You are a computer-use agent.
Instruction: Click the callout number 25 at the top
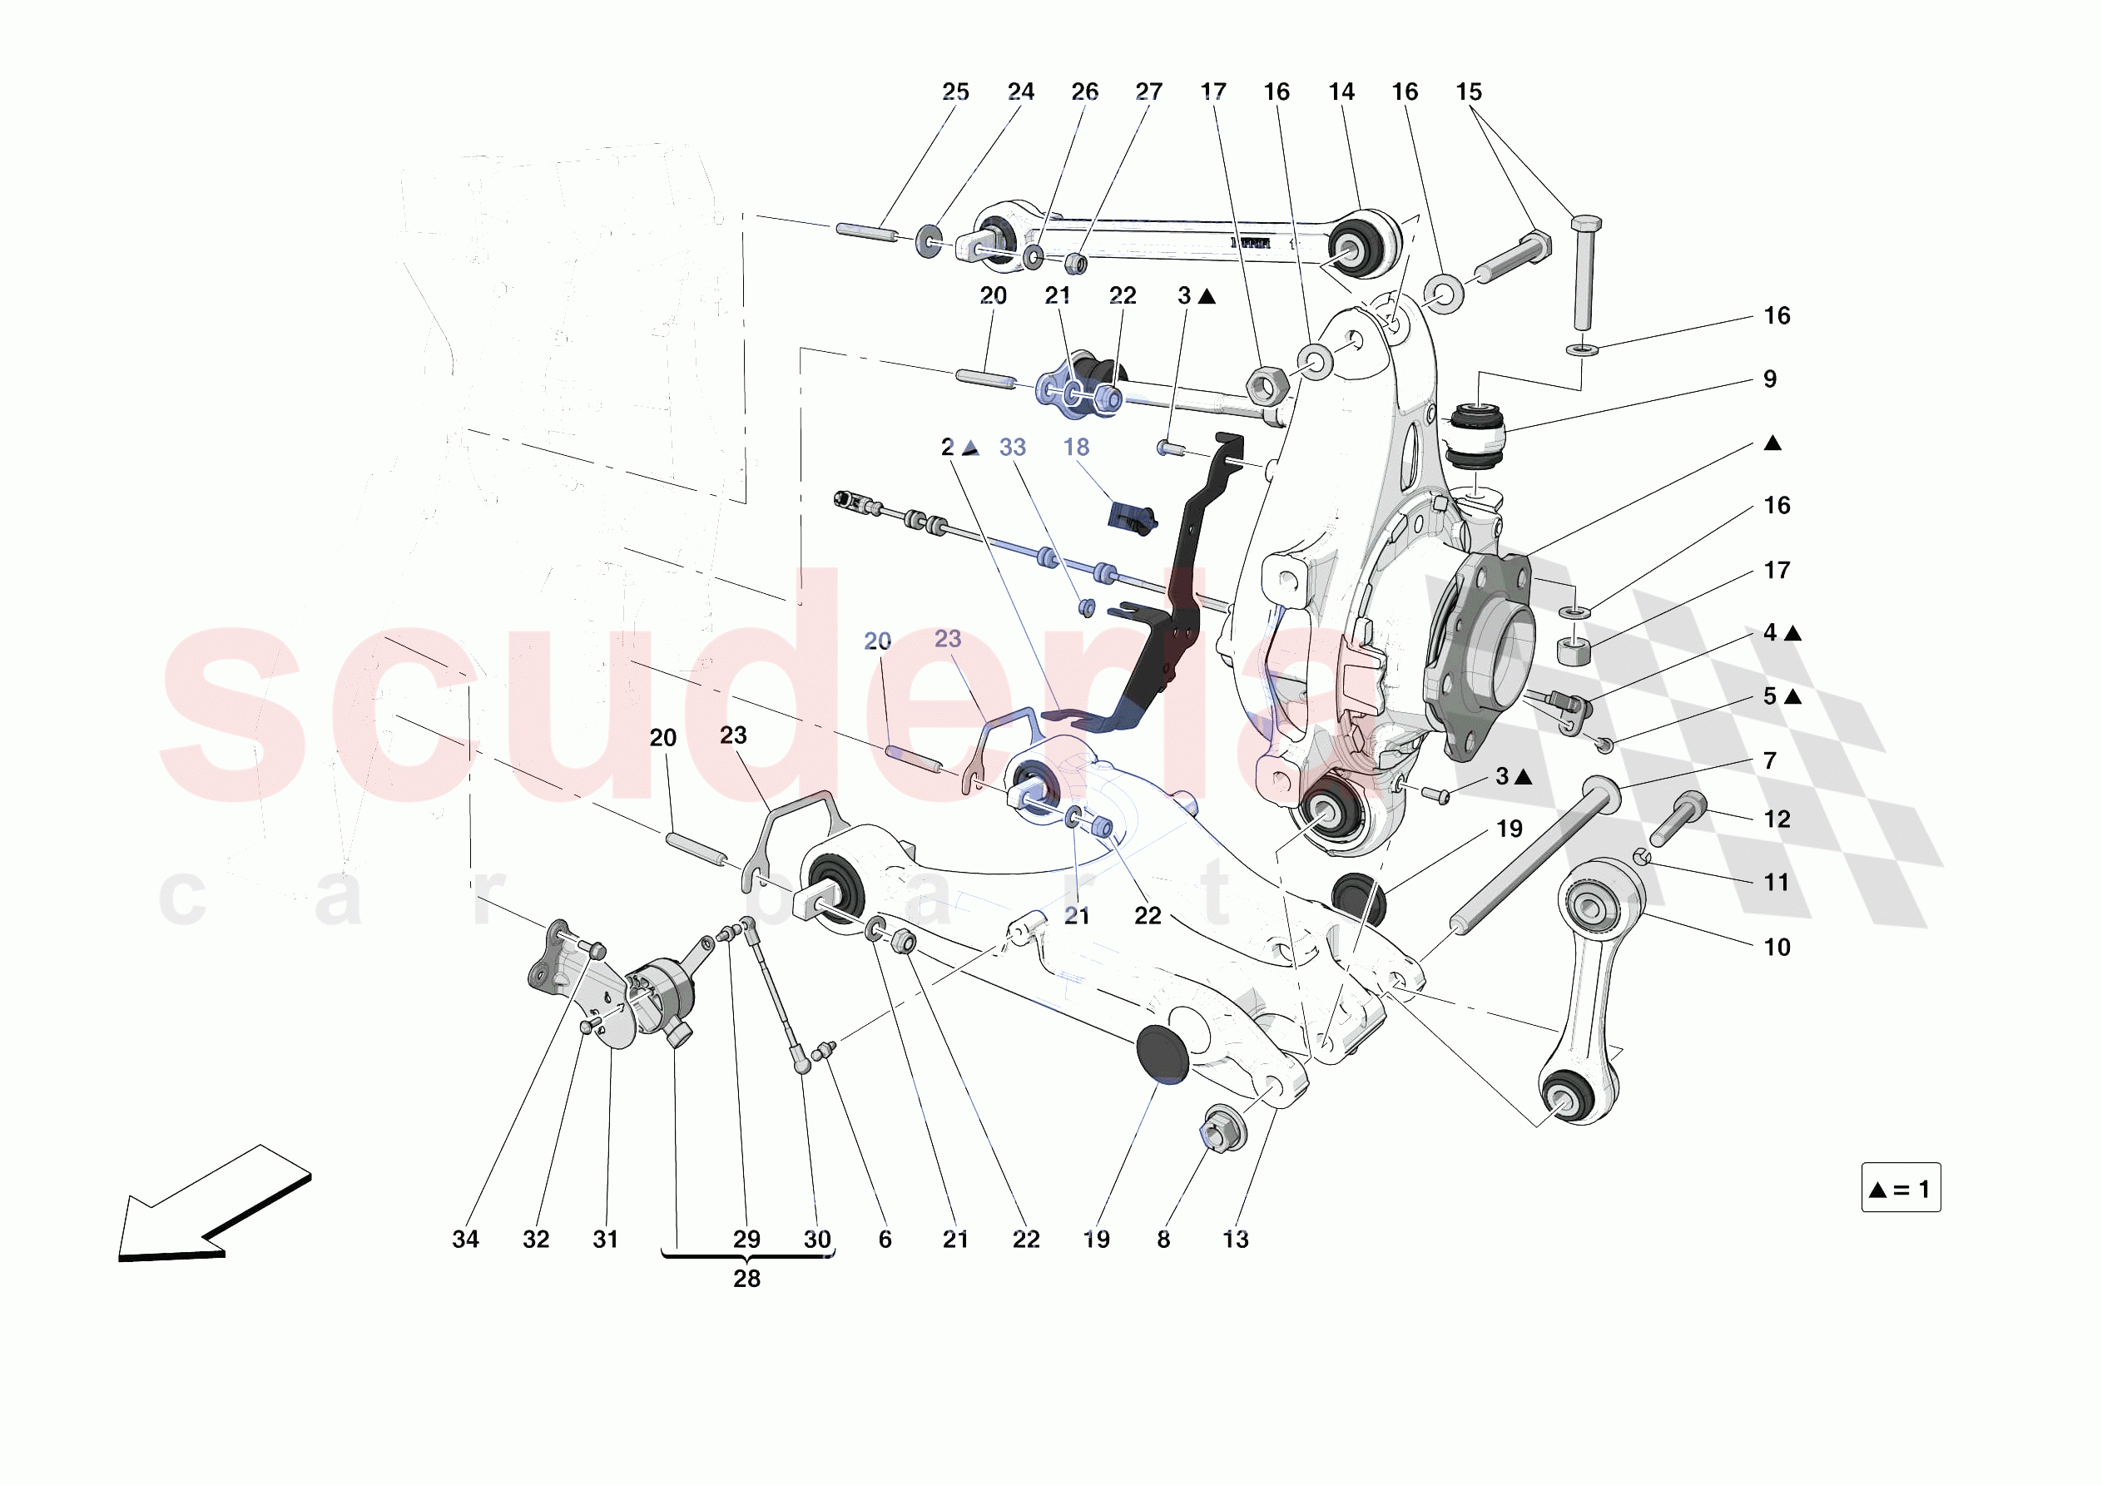954,92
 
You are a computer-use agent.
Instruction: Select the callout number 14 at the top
1341,92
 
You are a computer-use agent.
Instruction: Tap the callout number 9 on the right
1770,379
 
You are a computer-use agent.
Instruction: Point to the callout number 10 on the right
1776,947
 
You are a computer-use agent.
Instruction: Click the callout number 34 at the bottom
465,1239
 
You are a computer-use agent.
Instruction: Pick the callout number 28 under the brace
746,1278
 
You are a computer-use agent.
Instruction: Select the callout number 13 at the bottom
1235,1239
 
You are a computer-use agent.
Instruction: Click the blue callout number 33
1012,447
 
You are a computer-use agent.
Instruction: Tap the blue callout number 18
1076,447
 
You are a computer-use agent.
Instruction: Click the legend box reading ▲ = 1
1901,1188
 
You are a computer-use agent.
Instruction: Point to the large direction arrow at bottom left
216,1204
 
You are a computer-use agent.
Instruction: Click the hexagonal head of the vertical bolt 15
1586,222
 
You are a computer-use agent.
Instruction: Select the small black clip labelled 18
1132,517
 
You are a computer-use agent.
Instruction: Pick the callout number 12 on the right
1776,819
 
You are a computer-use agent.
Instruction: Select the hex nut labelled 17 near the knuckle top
1267,385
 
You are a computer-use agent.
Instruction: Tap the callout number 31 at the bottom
605,1239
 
